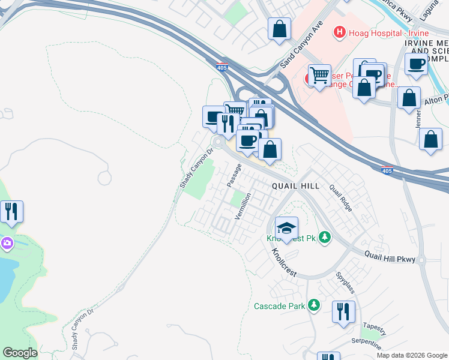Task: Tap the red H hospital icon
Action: [x=340, y=31]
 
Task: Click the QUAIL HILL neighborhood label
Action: [x=295, y=187]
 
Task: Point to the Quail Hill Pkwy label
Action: [x=390, y=256]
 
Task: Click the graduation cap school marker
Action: [x=286, y=228]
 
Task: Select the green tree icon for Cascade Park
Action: [x=313, y=305]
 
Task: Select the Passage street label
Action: [x=234, y=174]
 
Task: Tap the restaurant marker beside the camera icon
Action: [x=11, y=211]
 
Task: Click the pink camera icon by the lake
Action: [x=6, y=243]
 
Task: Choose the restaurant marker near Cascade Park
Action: [x=343, y=311]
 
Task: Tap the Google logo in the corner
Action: [x=19, y=353]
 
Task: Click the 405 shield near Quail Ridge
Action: [x=387, y=171]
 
